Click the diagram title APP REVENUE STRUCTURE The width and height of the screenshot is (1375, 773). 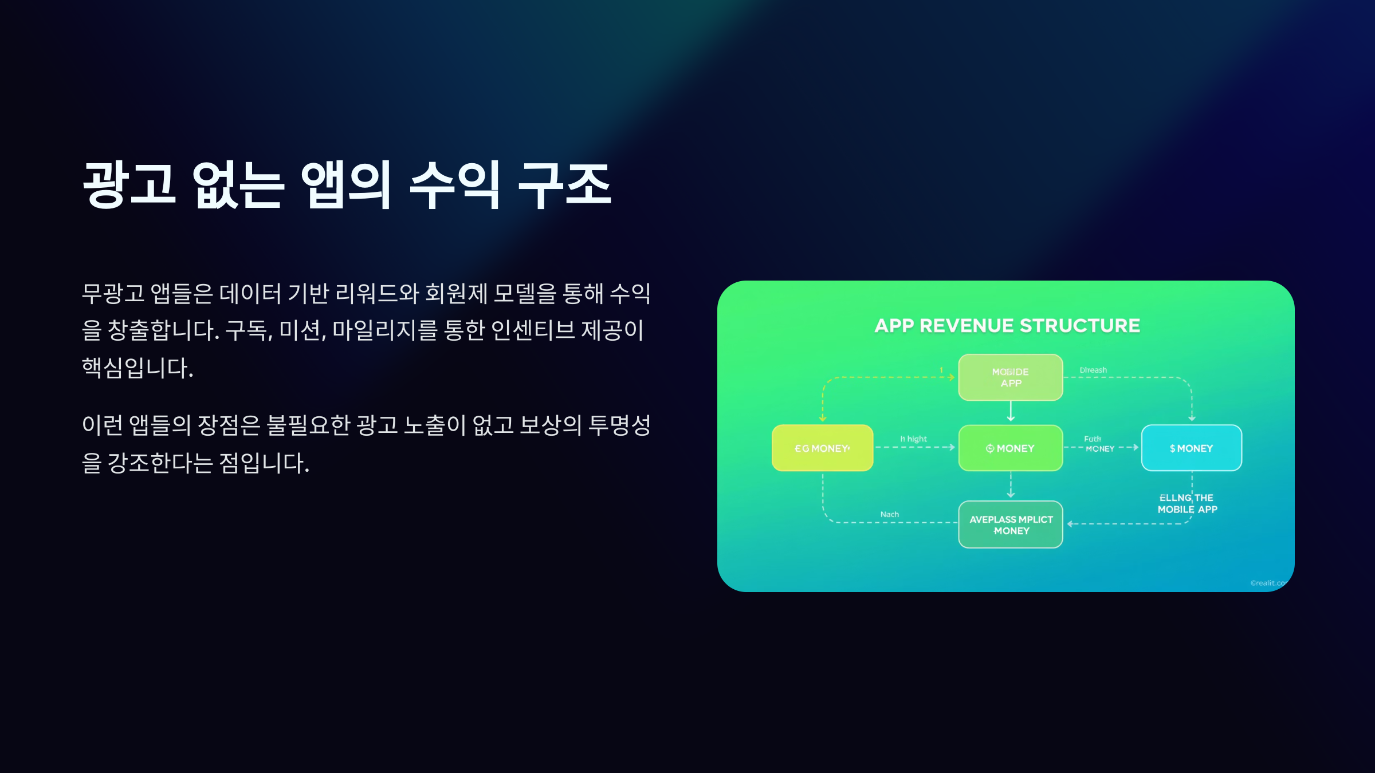[x=1007, y=326]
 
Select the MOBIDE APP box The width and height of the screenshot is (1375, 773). [x=1010, y=377]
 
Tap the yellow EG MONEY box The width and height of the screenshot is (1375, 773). [x=822, y=448]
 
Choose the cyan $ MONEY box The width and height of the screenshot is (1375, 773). [x=1191, y=448]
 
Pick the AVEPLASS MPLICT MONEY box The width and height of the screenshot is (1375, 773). [x=1011, y=524]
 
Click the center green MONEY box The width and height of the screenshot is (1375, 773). [x=1010, y=448]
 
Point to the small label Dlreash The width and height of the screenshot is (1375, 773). [x=1093, y=370]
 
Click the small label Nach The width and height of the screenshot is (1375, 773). [x=889, y=514]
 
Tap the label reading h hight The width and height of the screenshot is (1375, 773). [x=913, y=439]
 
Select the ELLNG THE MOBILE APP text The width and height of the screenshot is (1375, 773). [x=1187, y=503]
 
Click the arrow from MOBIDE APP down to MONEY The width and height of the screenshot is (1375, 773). [x=1011, y=411]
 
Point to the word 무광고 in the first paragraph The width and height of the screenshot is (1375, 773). [x=113, y=293]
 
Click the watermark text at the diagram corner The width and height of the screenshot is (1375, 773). [x=1268, y=583]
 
